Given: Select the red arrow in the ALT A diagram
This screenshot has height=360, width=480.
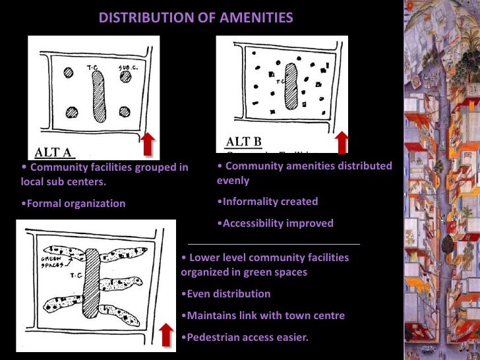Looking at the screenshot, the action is click(148, 144).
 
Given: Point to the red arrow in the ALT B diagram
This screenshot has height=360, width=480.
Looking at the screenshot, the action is click(341, 141).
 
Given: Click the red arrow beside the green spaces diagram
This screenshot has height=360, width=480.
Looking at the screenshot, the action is click(166, 334).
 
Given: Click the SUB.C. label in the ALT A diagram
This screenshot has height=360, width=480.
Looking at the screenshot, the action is click(127, 67).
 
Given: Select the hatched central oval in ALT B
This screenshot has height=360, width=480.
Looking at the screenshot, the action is click(291, 86).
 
